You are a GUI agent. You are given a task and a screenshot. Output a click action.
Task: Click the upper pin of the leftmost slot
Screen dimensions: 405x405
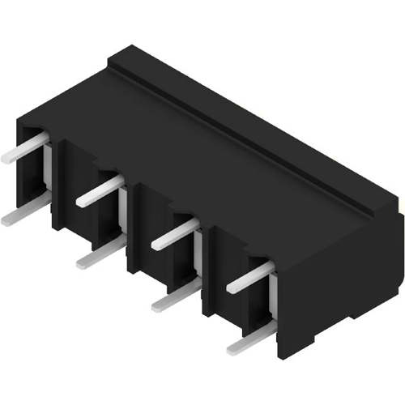point(24,149)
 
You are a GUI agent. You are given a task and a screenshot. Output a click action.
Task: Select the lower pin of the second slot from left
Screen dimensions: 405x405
point(100,255)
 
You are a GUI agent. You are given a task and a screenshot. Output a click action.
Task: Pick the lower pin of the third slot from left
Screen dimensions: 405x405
point(173,297)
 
